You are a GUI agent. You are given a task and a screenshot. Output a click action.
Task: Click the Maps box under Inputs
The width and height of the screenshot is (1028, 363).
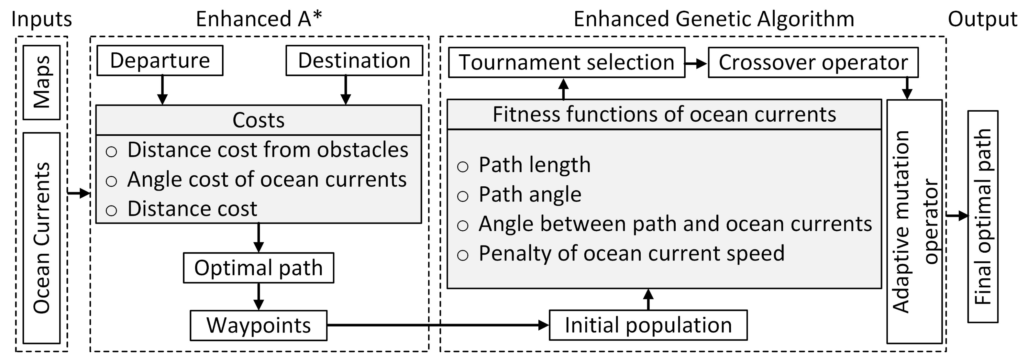[41, 82]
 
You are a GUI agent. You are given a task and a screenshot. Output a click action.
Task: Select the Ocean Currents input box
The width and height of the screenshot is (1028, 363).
[41, 238]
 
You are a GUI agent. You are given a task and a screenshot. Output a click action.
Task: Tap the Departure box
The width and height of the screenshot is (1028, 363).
[160, 60]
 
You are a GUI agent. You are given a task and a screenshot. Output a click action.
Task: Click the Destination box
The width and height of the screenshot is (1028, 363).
[354, 60]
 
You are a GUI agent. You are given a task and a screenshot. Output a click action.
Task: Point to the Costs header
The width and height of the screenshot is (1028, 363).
[259, 120]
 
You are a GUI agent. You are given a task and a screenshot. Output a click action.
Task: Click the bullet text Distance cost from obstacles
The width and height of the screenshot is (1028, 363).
[267, 150]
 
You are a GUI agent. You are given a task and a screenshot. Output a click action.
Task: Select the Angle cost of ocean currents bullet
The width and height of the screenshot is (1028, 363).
[267, 180]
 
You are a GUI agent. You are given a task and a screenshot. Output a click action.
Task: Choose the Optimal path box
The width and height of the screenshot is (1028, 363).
[258, 268]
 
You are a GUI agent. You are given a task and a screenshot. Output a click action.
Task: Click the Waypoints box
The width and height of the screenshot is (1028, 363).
[258, 325]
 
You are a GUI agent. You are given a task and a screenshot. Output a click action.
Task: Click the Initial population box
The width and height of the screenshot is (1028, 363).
[648, 325]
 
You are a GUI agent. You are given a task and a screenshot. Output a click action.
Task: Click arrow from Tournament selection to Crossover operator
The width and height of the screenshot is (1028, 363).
[696, 63]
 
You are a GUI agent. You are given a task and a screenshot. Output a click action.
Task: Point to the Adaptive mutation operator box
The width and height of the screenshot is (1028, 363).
[914, 221]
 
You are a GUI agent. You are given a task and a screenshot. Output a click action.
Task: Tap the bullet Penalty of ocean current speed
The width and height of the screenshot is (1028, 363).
[631, 253]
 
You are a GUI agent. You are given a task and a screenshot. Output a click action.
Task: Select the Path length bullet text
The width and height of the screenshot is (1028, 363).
[534, 165]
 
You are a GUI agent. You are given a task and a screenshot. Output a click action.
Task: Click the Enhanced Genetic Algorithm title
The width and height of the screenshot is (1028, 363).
[713, 19]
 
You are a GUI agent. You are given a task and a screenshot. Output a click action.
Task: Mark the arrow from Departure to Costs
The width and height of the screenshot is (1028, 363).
[162, 90]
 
